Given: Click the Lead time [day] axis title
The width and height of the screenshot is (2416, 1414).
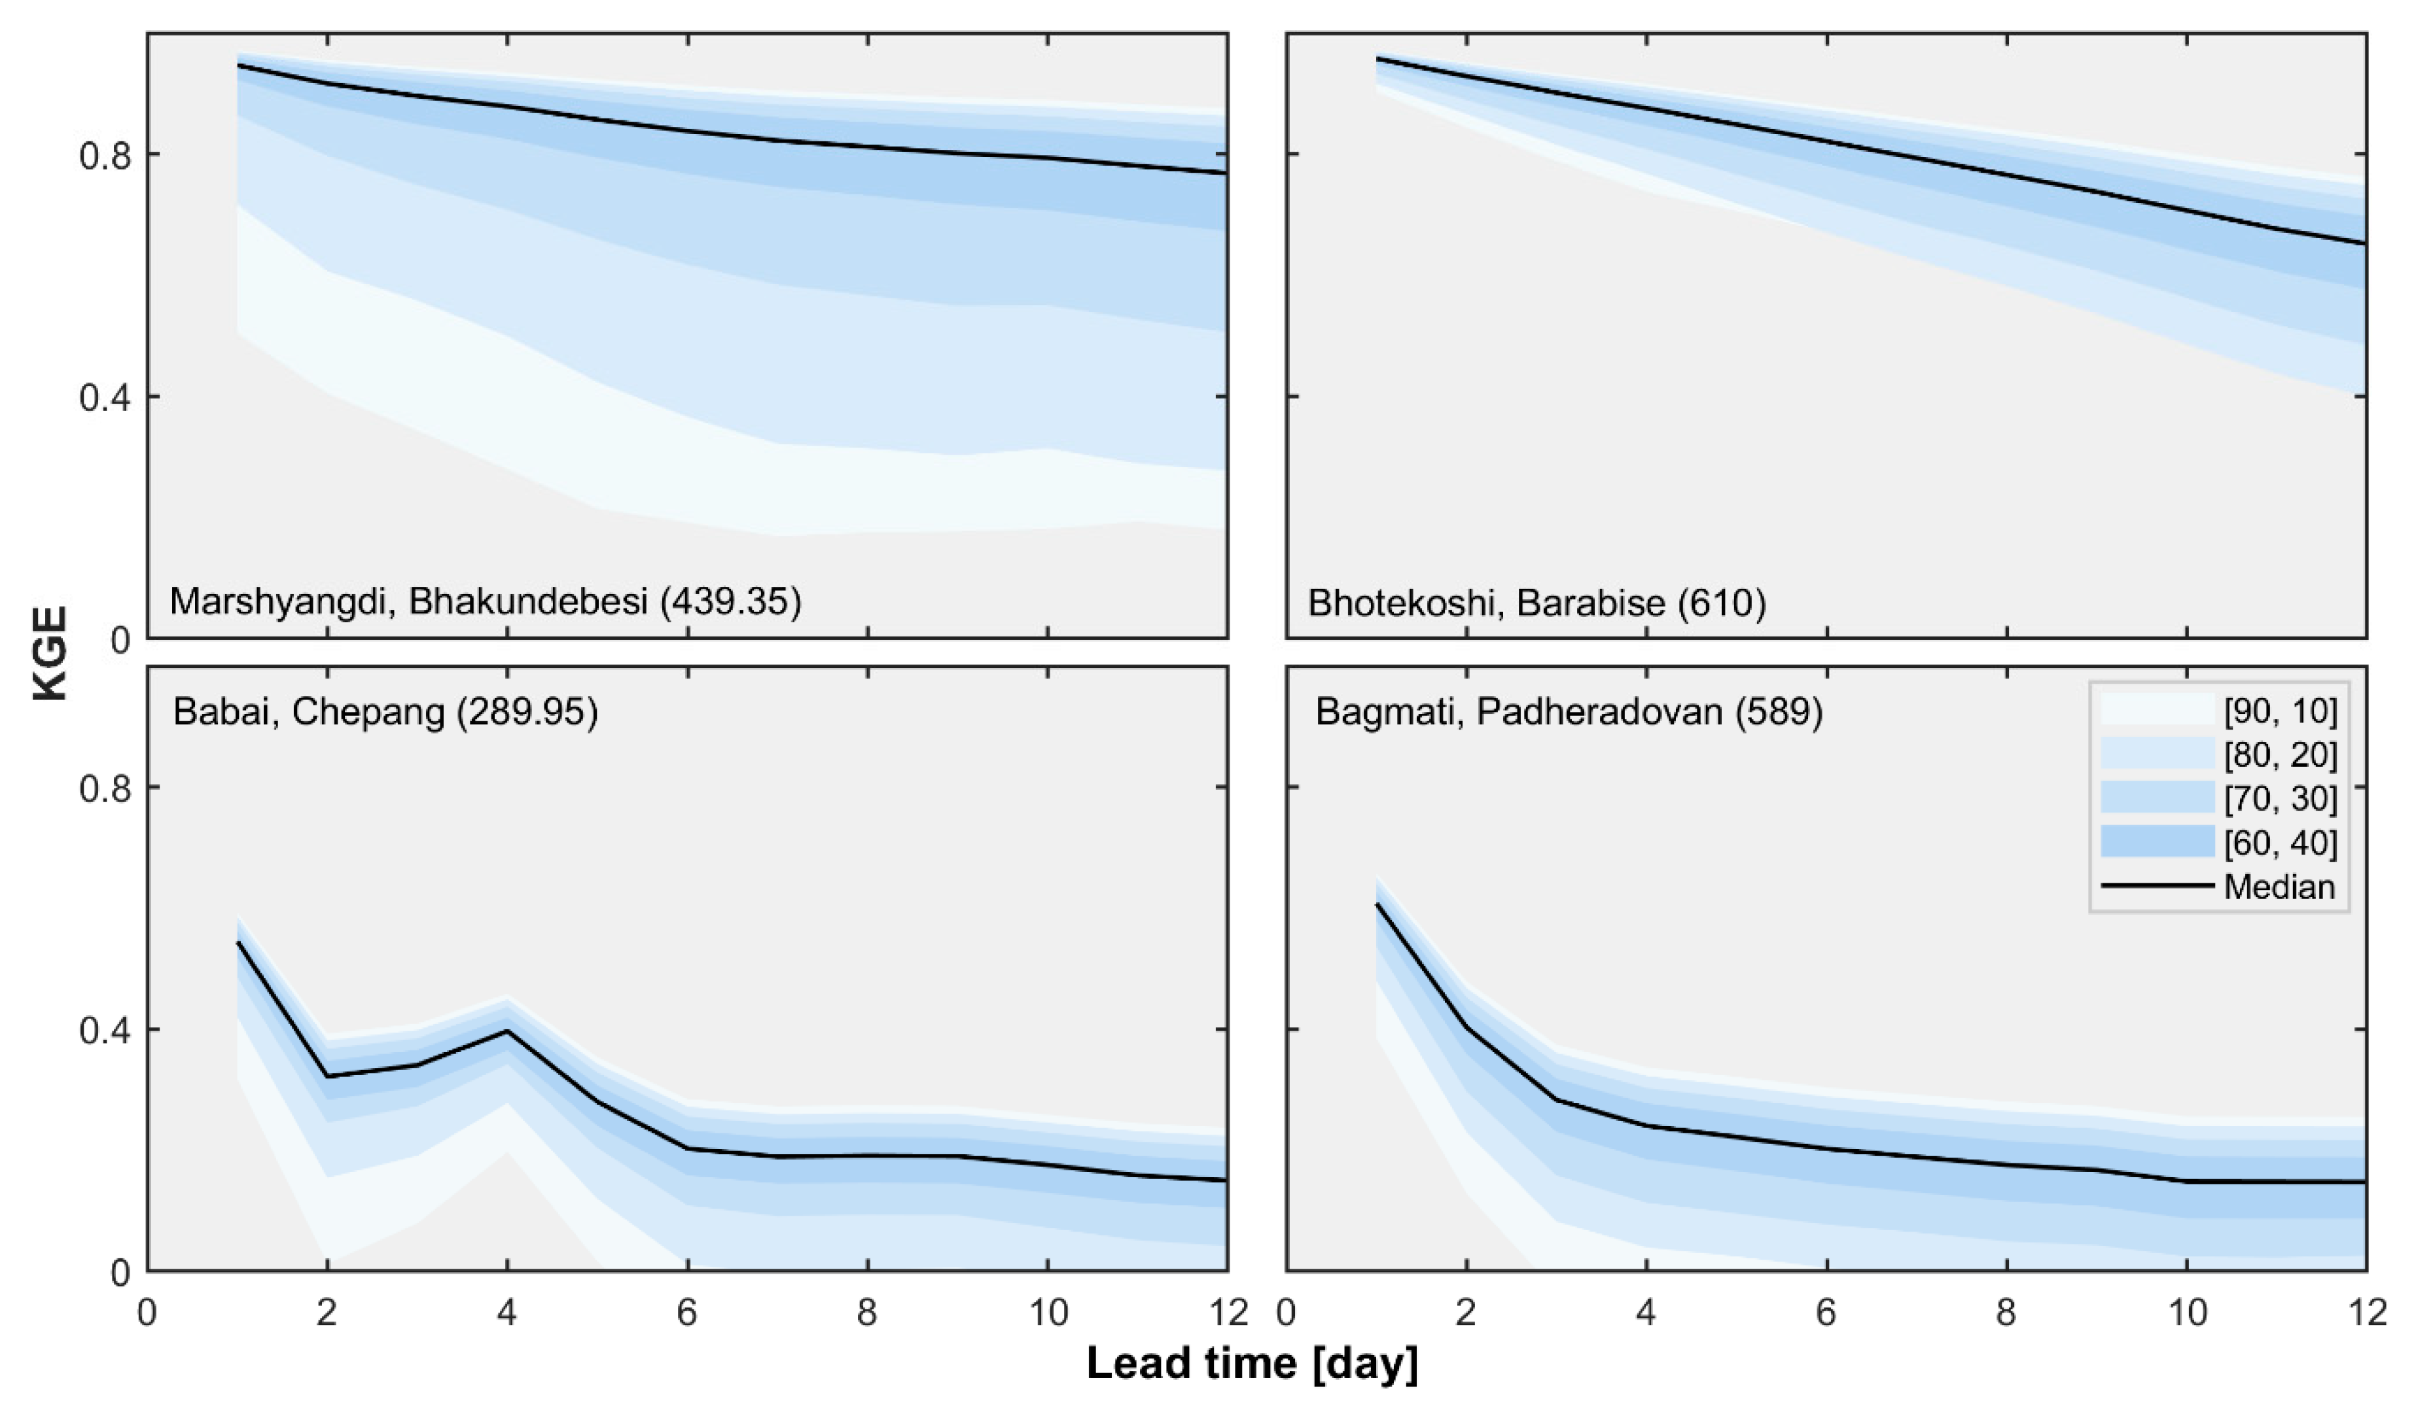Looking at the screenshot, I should tap(1251, 1362).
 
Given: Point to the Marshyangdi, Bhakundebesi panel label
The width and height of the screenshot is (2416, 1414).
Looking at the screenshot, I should tap(485, 601).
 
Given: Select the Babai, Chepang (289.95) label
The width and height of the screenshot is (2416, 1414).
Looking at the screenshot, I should tap(385, 713).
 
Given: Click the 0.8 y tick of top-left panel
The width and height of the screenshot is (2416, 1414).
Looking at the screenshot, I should tap(105, 154).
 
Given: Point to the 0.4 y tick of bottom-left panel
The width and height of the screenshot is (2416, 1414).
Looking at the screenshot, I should tap(105, 1031).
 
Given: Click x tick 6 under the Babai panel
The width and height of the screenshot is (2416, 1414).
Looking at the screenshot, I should tap(686, 1311).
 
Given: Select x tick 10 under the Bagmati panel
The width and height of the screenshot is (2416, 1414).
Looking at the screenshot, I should tap(2187, 1311).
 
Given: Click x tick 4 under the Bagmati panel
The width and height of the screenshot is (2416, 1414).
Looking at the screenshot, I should tap(1646, 1311).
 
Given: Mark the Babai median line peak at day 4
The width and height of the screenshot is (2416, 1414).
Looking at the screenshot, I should tap(507, 1031).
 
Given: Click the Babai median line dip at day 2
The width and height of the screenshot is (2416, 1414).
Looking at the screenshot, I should tap(328, 1076).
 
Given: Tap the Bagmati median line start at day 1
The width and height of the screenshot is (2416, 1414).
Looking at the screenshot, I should tap(1377, 904).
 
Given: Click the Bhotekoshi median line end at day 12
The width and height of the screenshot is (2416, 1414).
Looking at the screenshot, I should tap(2364, 243).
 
